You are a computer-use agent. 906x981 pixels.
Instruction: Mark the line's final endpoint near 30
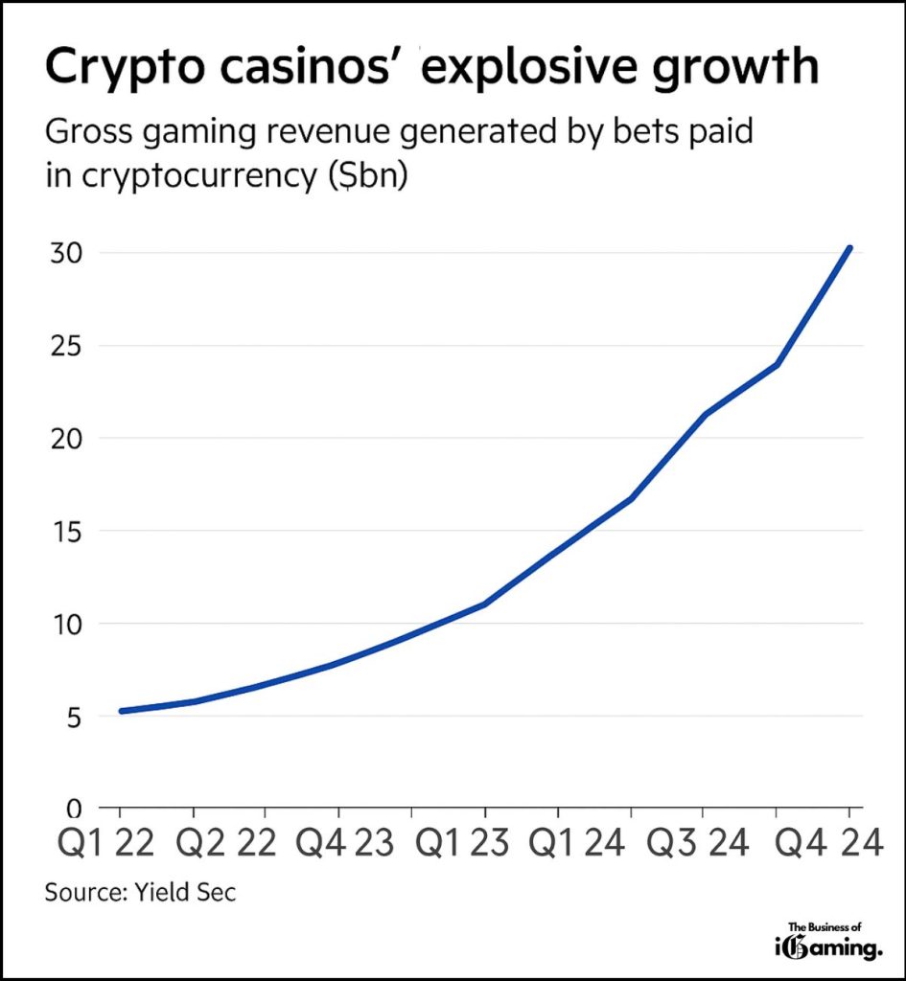tap(848, 248)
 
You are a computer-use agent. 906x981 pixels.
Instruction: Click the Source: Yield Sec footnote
tap(140, 893)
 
